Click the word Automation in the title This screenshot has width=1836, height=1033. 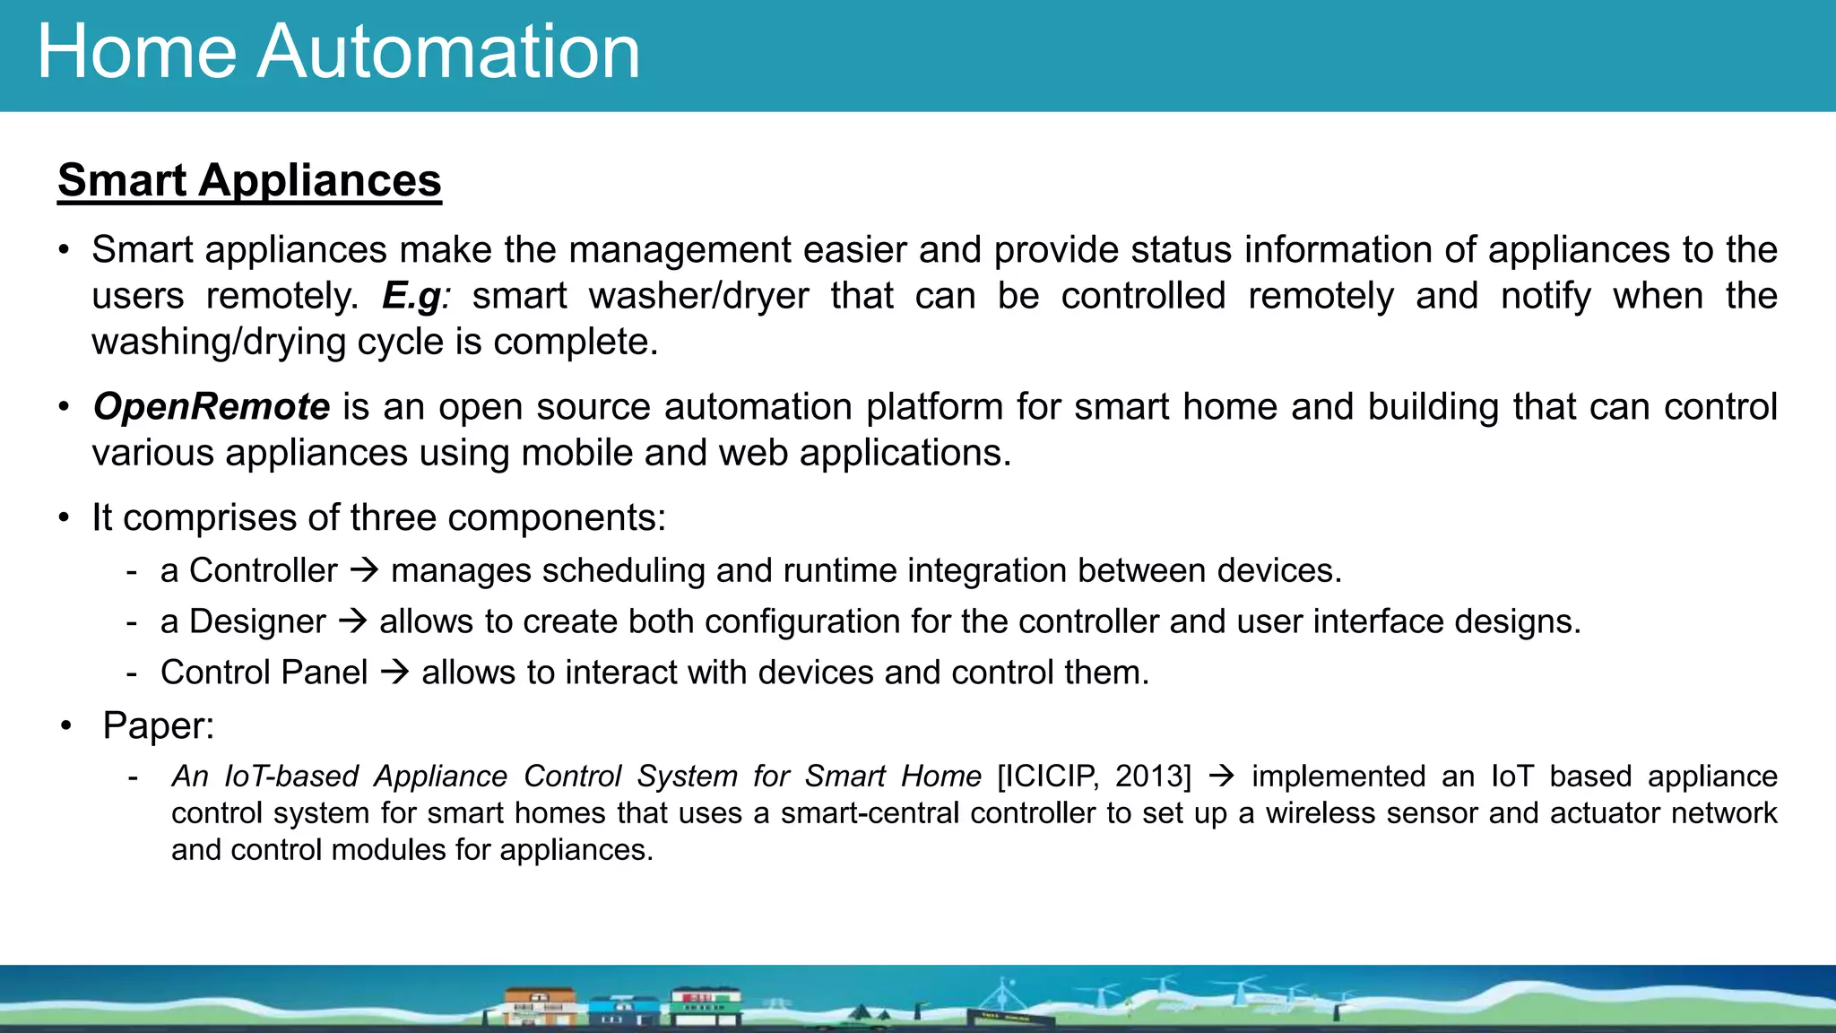click(448, 52)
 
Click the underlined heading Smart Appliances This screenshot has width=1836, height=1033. click(249, 180)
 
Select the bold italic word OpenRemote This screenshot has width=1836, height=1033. click(212, 407)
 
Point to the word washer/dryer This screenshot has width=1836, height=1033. click(698, 296)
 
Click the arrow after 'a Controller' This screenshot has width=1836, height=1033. click(364, 570)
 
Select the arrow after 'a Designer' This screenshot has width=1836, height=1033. click(353, 621)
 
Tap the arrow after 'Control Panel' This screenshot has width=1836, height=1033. click(394, 673)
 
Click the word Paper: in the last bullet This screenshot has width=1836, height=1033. click(159, 725)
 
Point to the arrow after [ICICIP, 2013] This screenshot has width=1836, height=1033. click(1221, 777)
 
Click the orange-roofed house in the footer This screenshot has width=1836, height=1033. click(539, 1006)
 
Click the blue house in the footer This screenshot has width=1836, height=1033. click(624, 1011)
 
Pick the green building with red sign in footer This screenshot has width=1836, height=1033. click(706, 1004)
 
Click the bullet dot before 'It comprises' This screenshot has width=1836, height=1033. click(64, 518)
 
